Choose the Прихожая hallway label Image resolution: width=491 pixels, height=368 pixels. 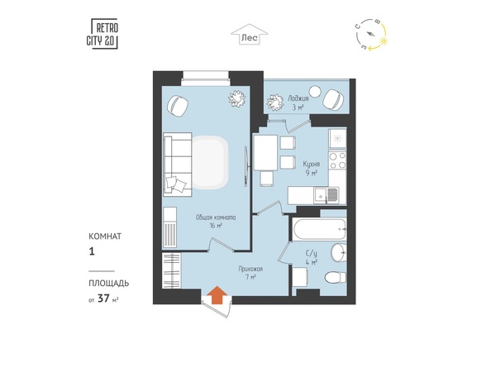pyautogui.click(x=250, y=270)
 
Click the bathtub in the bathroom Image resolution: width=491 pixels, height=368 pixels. pyautogui.click(x=317, y=227)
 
